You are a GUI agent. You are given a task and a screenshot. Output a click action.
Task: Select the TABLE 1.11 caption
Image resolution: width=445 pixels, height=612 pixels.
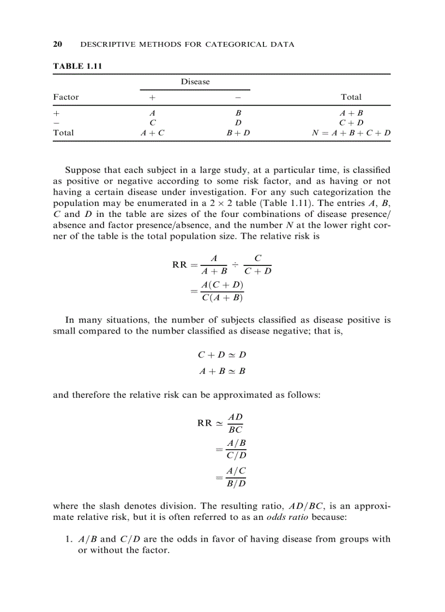(77, 66)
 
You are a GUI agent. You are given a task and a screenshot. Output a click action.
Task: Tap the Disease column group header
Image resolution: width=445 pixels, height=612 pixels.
(195, 82)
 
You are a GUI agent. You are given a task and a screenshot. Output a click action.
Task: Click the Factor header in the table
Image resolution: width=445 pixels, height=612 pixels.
(65, 97)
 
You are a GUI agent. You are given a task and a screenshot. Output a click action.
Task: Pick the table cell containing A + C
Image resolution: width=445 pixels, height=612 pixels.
(152, 132)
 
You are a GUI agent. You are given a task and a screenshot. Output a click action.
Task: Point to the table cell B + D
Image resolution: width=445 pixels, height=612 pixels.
(238, 132)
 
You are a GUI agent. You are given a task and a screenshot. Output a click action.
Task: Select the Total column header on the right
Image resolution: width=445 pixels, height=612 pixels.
(351, 97)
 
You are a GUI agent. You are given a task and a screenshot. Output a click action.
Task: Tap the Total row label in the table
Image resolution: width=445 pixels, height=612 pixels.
(63, 132)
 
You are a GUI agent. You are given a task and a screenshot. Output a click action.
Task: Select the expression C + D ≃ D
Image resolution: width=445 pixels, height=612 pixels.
(222, 355)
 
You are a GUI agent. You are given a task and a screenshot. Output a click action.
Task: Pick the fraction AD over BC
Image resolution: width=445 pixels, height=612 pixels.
(235, 422)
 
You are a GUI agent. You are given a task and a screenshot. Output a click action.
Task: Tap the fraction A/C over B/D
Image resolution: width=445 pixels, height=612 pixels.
(236, 477)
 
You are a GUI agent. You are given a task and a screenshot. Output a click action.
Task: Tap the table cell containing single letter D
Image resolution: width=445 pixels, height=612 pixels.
(238, 123)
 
